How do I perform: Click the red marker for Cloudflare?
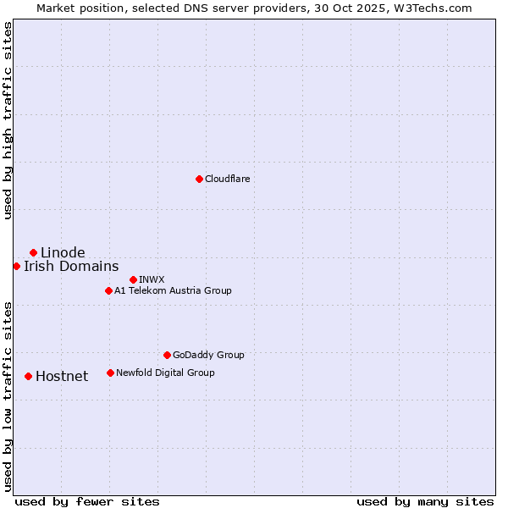click(x=199, y=179)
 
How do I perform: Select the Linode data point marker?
click(x=33, y=252)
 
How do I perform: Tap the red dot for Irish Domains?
click(x=17, y=266)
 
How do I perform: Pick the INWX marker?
click(x=133, y=279)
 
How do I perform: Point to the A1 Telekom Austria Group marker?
click(x=108, y=290)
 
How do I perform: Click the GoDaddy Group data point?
click(x=167, y=355)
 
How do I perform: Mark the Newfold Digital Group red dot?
click(x=110, y=373)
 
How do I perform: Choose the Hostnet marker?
click(x=28, y=376)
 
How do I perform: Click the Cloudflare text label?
click(x=227, y=179)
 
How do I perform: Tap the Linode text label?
click(x=63, y=252)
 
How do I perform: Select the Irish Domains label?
click(x=71, y=266)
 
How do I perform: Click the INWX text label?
click(x=152, y=279)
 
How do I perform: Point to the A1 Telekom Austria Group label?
click(x=173, y=290)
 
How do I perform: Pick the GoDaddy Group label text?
click(x=208, y=355)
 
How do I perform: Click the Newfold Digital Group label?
click(x=165, y=373)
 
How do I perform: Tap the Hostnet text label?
click(x=62, y=376)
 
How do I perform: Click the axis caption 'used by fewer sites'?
click(x=87, y=501)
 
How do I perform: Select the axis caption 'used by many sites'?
click(x=425, y=501)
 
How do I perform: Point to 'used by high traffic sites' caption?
click(x=8, y=120)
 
